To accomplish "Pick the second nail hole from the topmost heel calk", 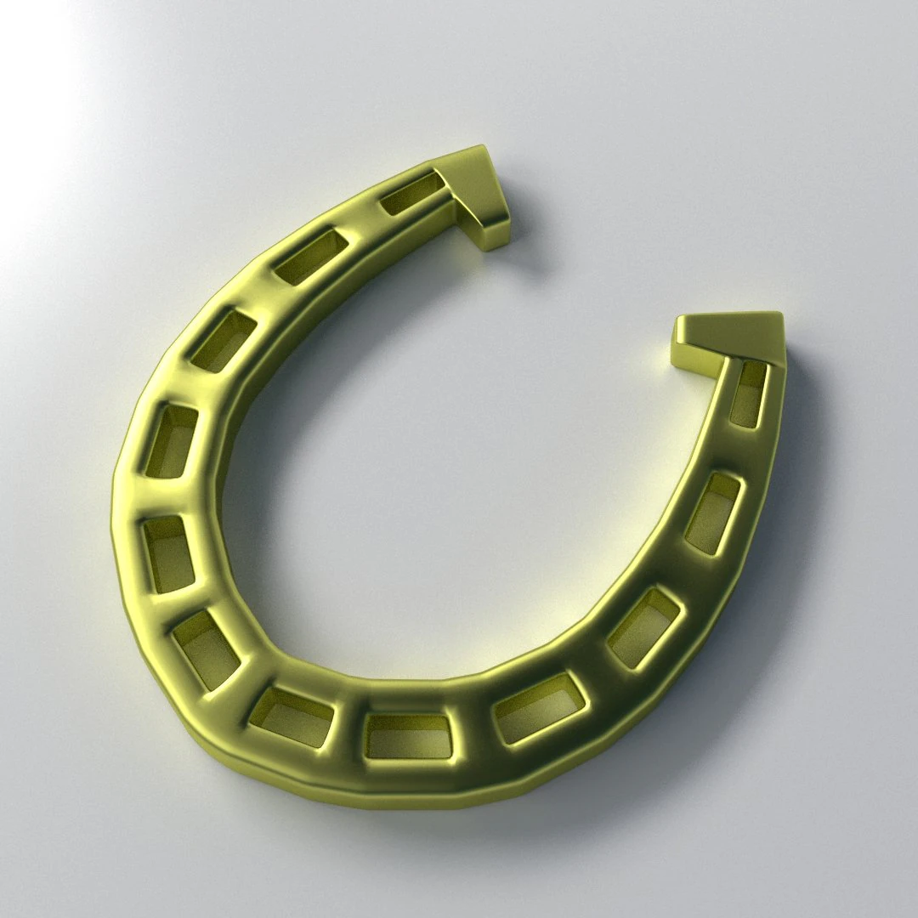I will click(311, 255).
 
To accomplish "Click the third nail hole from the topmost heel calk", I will click(223, 340).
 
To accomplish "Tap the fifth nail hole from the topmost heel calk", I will click(168, 553).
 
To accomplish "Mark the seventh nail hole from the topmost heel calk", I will click(291, 717).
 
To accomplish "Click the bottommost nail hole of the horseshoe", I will click(408, 736).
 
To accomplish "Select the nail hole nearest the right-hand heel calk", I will click(748, 394).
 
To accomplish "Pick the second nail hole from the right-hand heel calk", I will click(713, 513).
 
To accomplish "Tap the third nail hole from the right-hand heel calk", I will click(645, 627).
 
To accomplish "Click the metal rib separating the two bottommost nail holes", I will click(348, 729).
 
